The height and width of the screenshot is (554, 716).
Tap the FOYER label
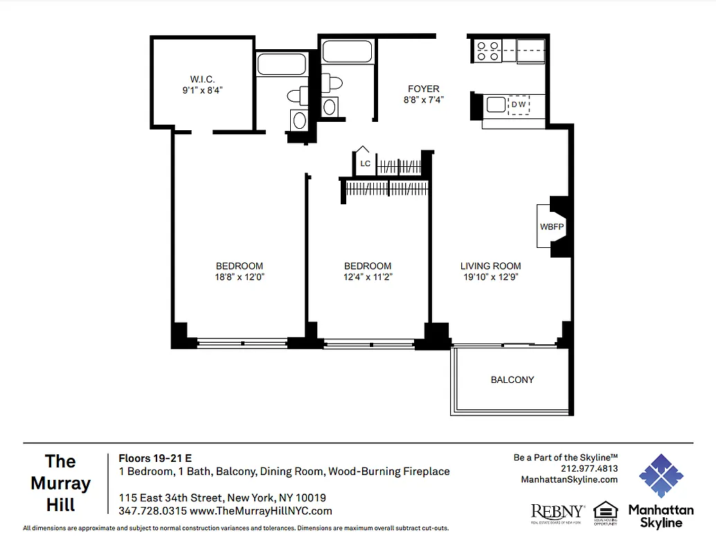pos(423,89)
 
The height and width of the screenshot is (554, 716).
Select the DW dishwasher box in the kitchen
pos(519,105)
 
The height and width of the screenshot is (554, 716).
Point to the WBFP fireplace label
pos(551,226)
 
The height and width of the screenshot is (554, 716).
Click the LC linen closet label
pos(365,164)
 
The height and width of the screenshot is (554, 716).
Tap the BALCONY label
pos(512,379)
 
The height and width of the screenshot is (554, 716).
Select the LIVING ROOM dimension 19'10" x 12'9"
pos(490,277)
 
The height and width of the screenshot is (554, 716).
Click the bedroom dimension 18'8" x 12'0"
pos(240,277)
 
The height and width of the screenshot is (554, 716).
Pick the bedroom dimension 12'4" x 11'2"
pos(368,277)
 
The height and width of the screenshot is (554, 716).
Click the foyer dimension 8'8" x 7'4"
pos(423,100)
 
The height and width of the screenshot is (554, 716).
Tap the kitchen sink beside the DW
pos(496,105)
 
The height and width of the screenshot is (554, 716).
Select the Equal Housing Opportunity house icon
pos(605,510)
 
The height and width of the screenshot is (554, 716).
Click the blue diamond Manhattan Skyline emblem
pos(661,476)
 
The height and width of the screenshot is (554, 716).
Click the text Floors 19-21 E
pos(155,458)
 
